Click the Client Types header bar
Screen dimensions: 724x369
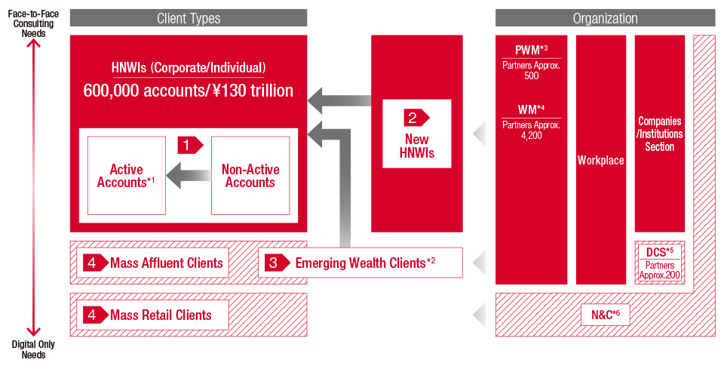[x=189, y=18]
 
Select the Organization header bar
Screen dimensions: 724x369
[x=605, y=18]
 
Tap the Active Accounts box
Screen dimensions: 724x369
[x=127, y=176]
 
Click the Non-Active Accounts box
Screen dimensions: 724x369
[x=250, y=176]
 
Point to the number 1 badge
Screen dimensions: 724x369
[x=190, y=146]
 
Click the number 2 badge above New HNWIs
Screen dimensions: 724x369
[x=416, y=118]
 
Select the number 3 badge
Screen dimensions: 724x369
[x=277, y=263]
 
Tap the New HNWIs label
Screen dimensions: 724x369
[x=417, y=146]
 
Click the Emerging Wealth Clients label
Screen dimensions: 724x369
[x=365, y=263]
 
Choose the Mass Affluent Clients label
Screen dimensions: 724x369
[x=166, y=263]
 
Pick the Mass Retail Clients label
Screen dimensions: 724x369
[x=161, y=315]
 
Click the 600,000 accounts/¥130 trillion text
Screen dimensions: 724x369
[x=188, y=91]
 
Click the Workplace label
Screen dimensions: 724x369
[x=601, y=160]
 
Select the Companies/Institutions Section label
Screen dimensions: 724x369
[x=660, y=134]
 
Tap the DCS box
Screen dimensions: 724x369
[x=660, y=263]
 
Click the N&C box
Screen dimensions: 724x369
[x=606, y=315]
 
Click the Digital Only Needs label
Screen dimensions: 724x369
[x=33, y=349]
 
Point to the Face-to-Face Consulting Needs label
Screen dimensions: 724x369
[x=33, y=23]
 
